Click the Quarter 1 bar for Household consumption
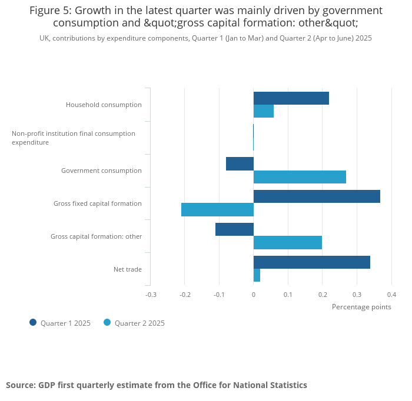point(291,98)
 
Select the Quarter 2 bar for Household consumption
point(263,111)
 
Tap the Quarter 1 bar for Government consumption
point(240,164)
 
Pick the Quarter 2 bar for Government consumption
point(300,177)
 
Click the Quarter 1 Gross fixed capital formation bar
point(317,196)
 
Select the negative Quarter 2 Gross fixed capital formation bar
point(217,209)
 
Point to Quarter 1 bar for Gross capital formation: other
point(234,229)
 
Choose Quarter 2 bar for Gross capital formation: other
point(287,242)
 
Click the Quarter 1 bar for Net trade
point(311,262)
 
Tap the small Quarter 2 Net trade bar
point(257,275)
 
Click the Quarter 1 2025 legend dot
point(33,322)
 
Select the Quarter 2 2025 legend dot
point(107,322)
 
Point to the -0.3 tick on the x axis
point(151,295)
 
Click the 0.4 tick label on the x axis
point(391,295)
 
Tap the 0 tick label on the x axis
point(254,295)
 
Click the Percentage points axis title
point(361,307)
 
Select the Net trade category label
point(128,269)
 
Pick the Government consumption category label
point(101,171)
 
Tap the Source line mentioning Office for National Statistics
point(157,385)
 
